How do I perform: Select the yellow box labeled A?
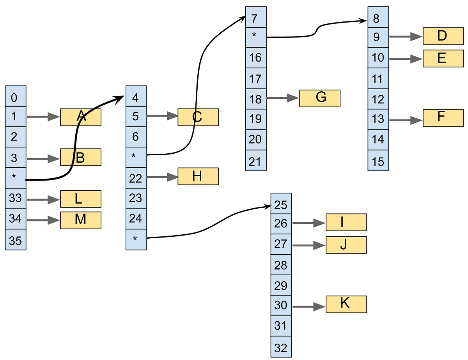[x=81, y=117]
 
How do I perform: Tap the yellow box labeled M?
[x=81, y=220]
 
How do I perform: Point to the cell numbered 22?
[x=136, y=177]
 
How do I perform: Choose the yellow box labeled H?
[x=198, y=176]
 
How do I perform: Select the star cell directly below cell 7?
[x=256, y=37]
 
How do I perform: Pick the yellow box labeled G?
[x=320, y=98]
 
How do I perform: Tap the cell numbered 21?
[x=256, y=160]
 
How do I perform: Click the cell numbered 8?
[x=378, y=18]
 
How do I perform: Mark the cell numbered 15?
[x=378, y=160]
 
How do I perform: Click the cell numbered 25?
[x=281, y=204]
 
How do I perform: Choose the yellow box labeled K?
[x=346, y=304]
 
